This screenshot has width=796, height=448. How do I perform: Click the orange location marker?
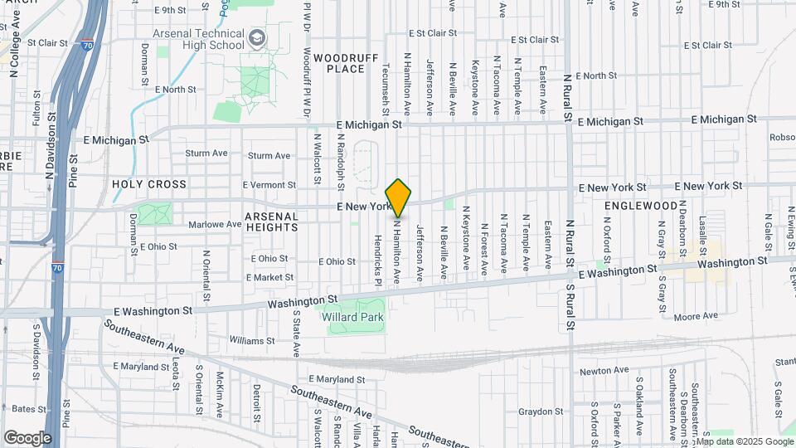coord(399,197)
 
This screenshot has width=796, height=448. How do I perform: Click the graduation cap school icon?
coord(257,37)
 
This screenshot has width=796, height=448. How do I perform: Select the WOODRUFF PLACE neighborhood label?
coord(352,62)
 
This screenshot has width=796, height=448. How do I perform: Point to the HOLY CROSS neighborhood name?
coord(149,184)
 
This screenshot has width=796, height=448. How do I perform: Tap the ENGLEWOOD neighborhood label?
coord(641,205)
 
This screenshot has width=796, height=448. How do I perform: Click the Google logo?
coord(27,437)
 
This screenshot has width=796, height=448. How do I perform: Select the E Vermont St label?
coord(269,185)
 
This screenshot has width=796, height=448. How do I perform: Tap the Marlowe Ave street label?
coord(214,224)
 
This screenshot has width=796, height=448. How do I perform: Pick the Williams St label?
coord(251,340)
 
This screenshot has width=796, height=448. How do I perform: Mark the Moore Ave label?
coord(695,316)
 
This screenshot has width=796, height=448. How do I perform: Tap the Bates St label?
coord(29,409)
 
